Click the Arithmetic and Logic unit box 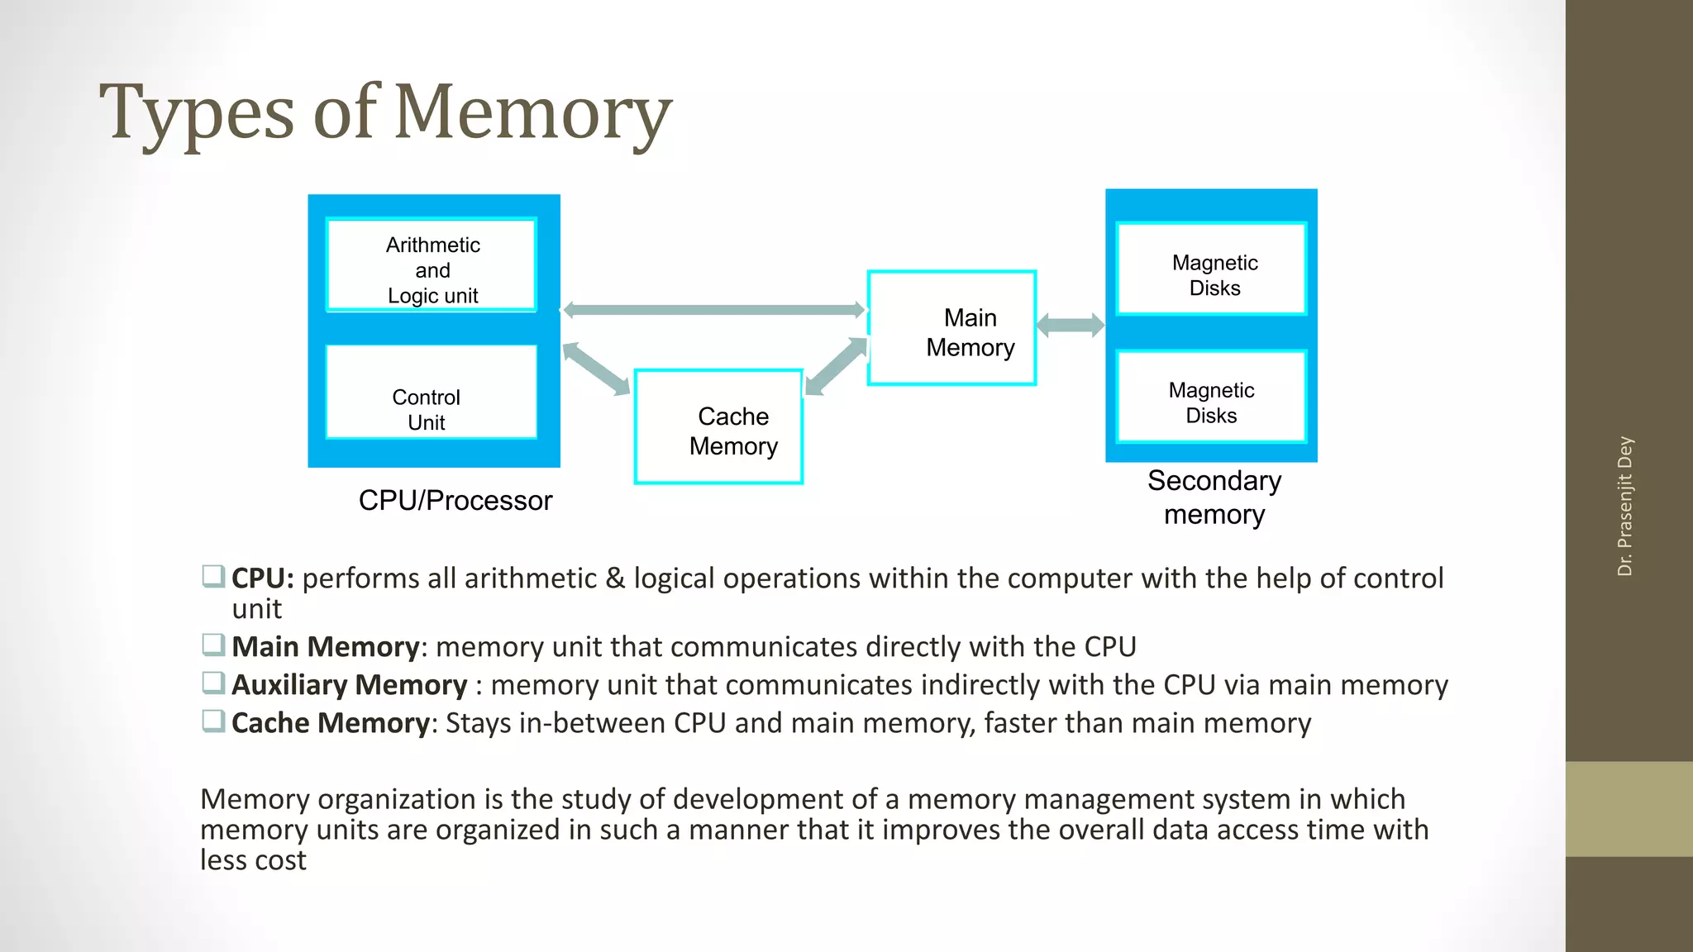(x=432, y=265)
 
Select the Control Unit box (x=431, y=392)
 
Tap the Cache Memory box (x=718, y=426)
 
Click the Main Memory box (x=951, y=328)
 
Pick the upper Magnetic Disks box (x=1211, y=269)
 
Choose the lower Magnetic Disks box (x=1211, y=397)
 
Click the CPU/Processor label (x=455, y=501)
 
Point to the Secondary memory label (x=1214, y=497)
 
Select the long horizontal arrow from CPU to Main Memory (x=713, y=310)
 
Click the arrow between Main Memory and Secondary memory (x=1070, y=325)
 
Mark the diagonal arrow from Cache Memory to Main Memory (x=836, y=366)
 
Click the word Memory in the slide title (x=532, y=112)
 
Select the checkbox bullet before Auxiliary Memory (x=213, y=683)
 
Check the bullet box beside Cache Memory (x=213, y=721)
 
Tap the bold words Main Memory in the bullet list (x=325, y=647)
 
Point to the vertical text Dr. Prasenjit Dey (x=1624, y=506)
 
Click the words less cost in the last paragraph (x=253, y=860)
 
